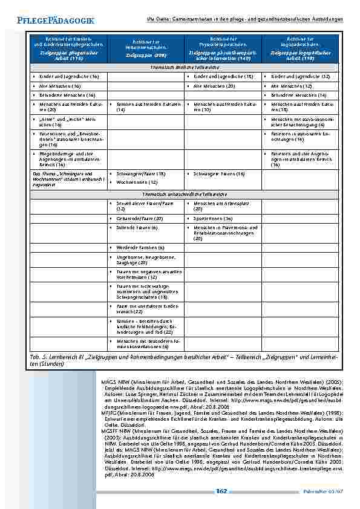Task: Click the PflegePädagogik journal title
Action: click(x=51, y=21)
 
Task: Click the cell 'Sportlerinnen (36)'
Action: click(x=218, y=218)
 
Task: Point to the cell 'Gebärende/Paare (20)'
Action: click(x=139, y=218)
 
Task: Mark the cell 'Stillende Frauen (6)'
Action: click(x=136, y=227)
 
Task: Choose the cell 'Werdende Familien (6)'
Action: click(x=139, y=248)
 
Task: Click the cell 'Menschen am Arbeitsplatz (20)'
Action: click(x=224, y=206)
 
